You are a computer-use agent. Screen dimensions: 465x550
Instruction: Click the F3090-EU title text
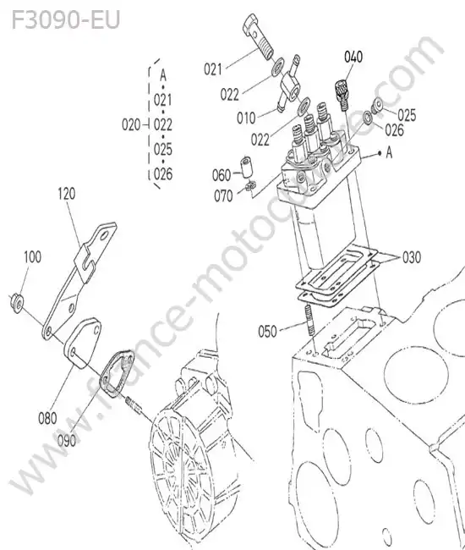click(x=66, y=20)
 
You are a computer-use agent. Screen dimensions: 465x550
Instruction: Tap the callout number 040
click(x=353, y=57)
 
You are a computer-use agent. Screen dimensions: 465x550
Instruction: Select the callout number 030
click(x=412, y=257)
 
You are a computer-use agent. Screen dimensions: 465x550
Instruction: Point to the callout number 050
click(x=267, y=332)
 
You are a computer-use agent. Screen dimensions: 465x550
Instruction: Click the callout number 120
click(x=67, y=194)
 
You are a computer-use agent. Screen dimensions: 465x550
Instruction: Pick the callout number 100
click(x=33, y=256)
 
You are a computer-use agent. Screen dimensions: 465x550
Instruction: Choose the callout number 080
click(x=47, y=418)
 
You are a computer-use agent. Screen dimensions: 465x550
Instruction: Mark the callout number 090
click(x=67, y=441)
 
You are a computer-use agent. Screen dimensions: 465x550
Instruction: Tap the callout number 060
click(x=222, y=175)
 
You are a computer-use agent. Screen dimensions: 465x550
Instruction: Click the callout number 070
click(x=223, y=196)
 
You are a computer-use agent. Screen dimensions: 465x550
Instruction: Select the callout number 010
click(x=246, y=118)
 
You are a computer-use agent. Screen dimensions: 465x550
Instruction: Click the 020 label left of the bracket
click(x=131, y=125)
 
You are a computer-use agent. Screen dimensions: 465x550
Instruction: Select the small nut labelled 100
click(x=16, y=302)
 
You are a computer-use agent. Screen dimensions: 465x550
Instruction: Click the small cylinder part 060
click(x=246, y=166)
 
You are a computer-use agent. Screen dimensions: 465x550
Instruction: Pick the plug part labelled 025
click(x=377, y=106)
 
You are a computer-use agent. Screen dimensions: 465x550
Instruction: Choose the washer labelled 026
click(x=368, y=117)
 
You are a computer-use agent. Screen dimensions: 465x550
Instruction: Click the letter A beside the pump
click(x=389, y=153)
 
